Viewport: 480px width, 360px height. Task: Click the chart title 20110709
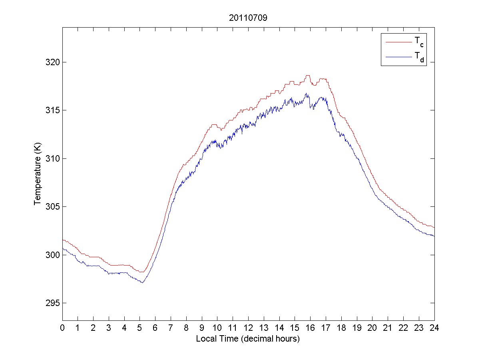(248, 18)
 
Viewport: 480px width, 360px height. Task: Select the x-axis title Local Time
(248, 338)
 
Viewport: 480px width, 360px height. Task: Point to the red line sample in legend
(398, 41)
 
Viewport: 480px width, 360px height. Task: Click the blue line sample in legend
(398, 57)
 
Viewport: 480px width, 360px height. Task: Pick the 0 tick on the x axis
(62, 328)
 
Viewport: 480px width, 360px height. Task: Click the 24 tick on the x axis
(434, 328)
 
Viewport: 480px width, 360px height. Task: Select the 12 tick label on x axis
(248, 328)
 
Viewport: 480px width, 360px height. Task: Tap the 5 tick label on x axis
(140, 328)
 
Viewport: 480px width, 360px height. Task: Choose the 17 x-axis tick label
(326, 328)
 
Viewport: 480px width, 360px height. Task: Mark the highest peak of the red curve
(307, 75)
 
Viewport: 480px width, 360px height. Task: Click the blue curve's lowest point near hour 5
(142, 282)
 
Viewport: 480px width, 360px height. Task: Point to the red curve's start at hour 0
(63, 240)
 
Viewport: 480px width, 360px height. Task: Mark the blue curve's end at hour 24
(434, 236)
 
